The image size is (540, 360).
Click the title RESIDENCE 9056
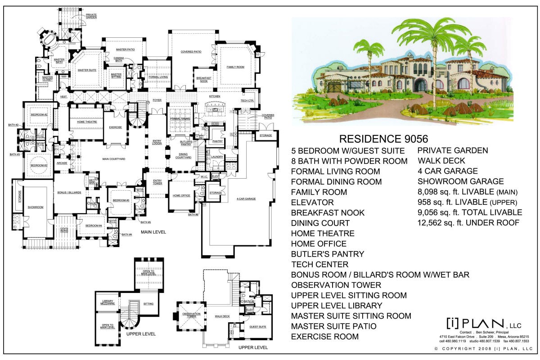pos(383,139)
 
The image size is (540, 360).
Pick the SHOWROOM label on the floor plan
pos(35,207)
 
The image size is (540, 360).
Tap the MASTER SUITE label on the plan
pos(87,70)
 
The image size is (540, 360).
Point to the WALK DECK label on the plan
pos(222,316)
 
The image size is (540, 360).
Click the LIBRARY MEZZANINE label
pos(108,302)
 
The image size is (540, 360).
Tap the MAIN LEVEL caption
pos(153,232)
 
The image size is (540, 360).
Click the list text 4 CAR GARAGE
pos(447,171)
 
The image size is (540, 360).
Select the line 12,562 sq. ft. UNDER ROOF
pos(469,223)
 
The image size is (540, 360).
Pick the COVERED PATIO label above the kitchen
pos(191,52)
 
